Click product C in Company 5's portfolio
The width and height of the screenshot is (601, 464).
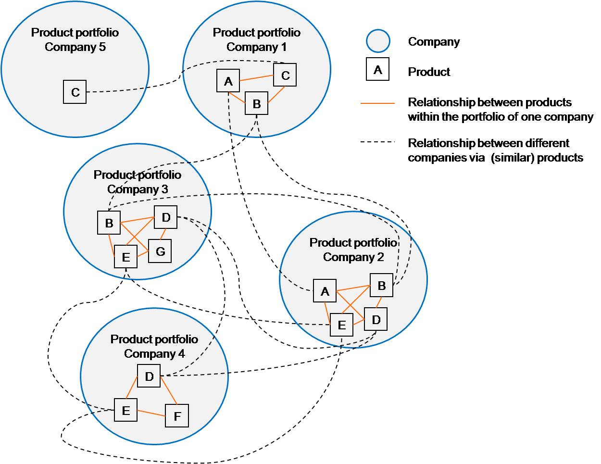pyautogui.click(x=75, y=92)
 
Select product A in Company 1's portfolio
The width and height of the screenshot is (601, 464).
pyautogui.click(x=228, y=81)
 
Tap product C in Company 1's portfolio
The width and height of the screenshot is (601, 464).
pyautogui.click(x=285, y=75)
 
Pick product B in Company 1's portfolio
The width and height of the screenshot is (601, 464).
pyautogui.click(x=257, y=103)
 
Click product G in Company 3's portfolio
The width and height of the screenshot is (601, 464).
pyautogui.click(x=160, y=251)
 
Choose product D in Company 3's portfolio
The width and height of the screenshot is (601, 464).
pyautogui.click(x=166, y=217)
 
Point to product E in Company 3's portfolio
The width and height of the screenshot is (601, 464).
pyautogui.click(x=126, y=257)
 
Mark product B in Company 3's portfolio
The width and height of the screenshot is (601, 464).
pyautogui.click(x=109, y=223)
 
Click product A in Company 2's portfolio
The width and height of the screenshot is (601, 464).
pyautogui.click(x=325, y=291)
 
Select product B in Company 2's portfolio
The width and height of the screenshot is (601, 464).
pyautogui.click(x=382, y=285)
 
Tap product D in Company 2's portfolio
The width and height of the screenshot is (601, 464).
pyautogui.click(x=376, y=319)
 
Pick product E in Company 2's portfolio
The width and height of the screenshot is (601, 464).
pyautogui.click(x=342, y=325)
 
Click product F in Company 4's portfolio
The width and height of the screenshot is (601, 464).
pyautogui.click(x=177, y=416)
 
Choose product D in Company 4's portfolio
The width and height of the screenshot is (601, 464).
pyautogui.click(x=149, y=376)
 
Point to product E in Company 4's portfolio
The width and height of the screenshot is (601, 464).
pyautogui.click(x=126, y=410)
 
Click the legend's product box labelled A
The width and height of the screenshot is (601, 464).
pyautogui.click(x=377, y=69)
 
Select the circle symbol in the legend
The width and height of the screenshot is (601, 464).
pyautogui.click(x=378, y=41)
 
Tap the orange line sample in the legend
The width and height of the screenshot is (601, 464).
pyautogui.click(x=378, y=103)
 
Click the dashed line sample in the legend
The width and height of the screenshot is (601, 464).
pyautogui.click(x=378, y=142)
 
